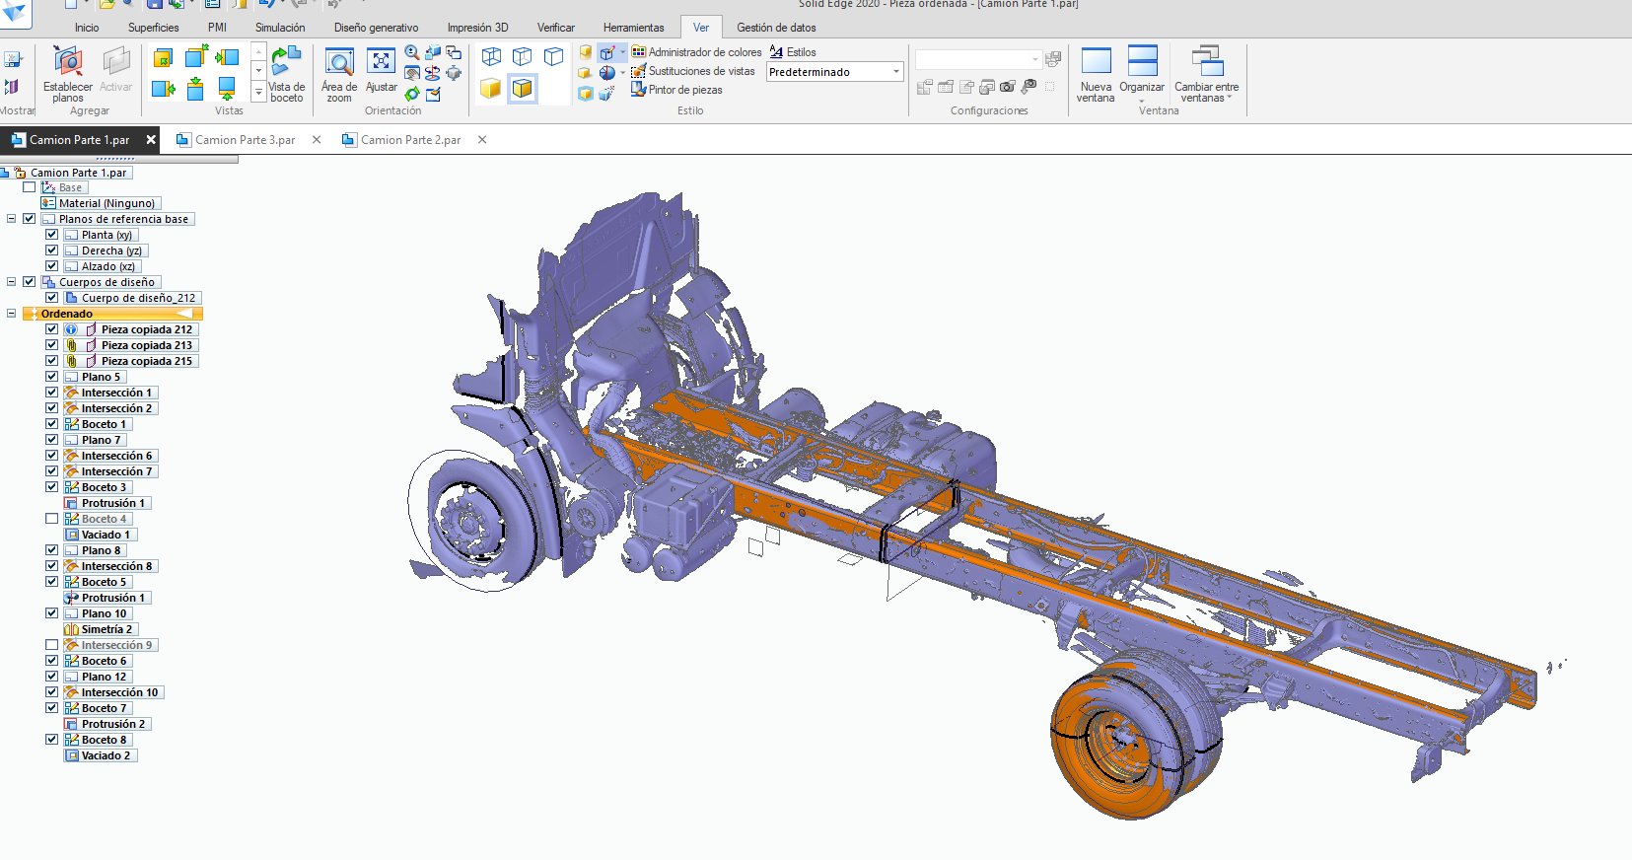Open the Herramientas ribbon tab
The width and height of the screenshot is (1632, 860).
point(633,28)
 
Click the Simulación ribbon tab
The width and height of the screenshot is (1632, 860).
point(280,28)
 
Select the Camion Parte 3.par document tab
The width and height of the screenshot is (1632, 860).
point(245,140)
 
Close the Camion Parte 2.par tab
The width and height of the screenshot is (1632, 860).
point(481,140)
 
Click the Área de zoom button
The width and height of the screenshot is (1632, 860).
point(339,74)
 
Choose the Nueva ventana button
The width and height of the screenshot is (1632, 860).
point(1096,74)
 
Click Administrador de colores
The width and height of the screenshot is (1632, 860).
point(696,52)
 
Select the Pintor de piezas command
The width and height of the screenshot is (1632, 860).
point(676,90)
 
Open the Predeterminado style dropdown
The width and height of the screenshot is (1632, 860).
point(896,72)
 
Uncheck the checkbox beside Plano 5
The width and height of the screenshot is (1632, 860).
point(51,377)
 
